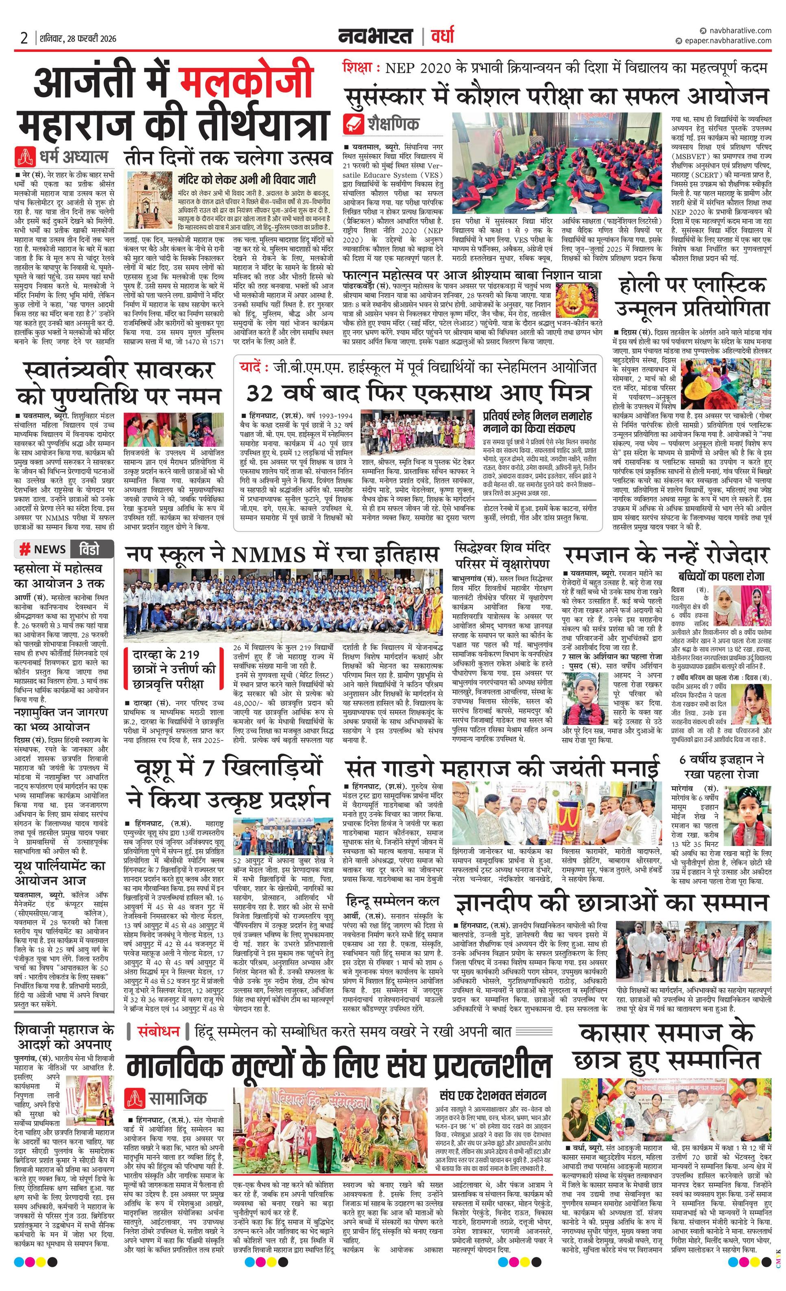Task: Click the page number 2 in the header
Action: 24,38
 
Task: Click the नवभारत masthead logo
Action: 375,37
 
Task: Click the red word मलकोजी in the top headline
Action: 246,82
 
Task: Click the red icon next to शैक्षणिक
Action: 354,124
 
